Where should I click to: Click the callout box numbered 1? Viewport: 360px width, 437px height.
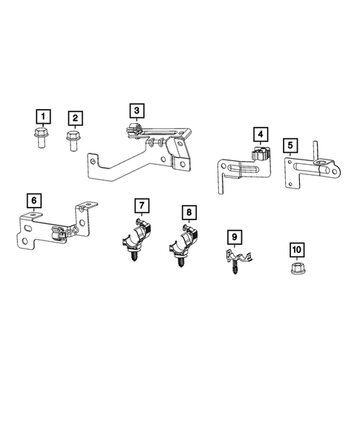(x=44, y=116)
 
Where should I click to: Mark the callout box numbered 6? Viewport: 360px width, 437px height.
(x=34, y=200)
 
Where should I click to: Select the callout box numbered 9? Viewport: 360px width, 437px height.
(x=235, y=237)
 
